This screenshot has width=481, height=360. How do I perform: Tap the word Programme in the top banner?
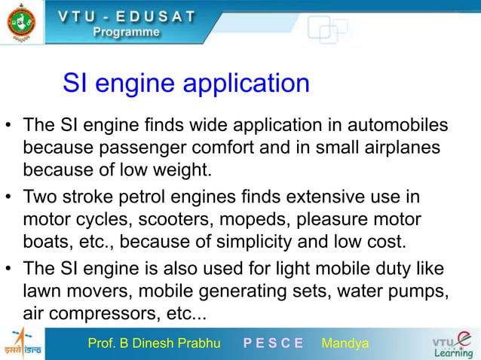[x=127, y=32]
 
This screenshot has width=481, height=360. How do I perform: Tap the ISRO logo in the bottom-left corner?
[x=21, y=343]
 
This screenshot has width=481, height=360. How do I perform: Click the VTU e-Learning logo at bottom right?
[x=452, y=343]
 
